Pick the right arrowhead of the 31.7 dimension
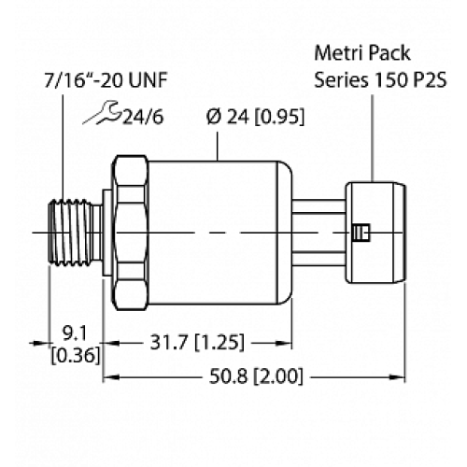(x=244, y=343)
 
